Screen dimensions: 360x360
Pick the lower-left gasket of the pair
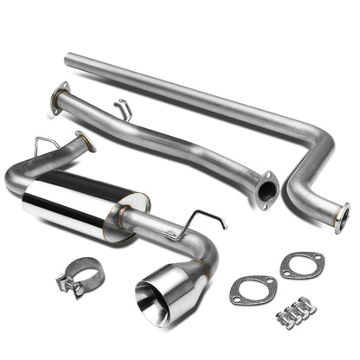(252, 289)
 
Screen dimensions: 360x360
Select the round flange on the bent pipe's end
(343, 215)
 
